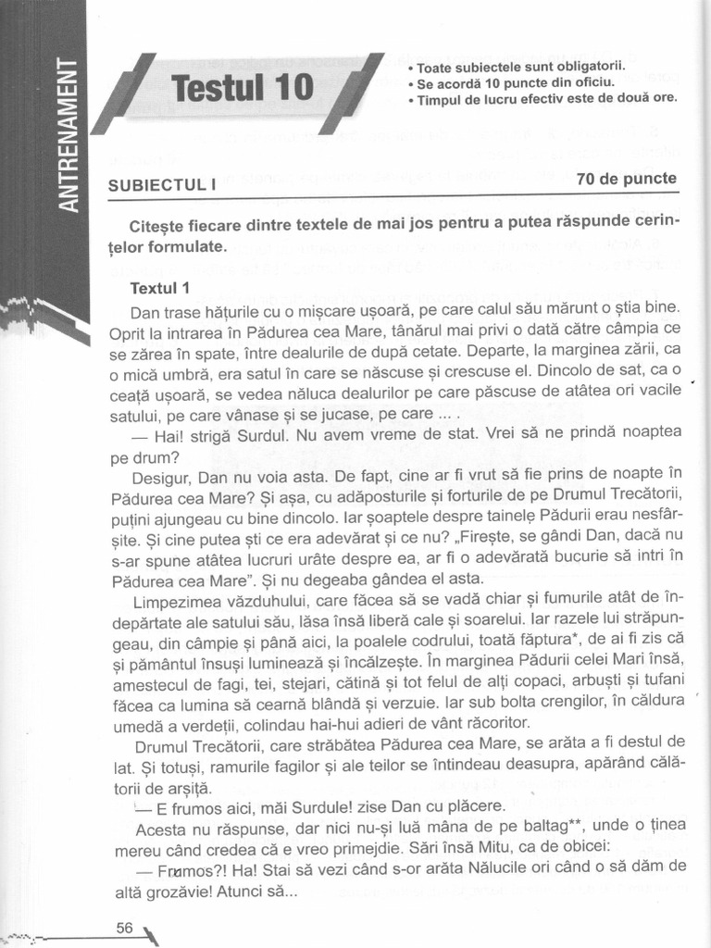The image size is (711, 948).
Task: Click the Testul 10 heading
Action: click(243, 90)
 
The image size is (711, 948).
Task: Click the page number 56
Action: click(126, 927)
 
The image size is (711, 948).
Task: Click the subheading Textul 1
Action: click(160, 287)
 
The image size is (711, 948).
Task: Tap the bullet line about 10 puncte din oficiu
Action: click(515, 83)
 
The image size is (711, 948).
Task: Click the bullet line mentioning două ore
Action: click(547, 98)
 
